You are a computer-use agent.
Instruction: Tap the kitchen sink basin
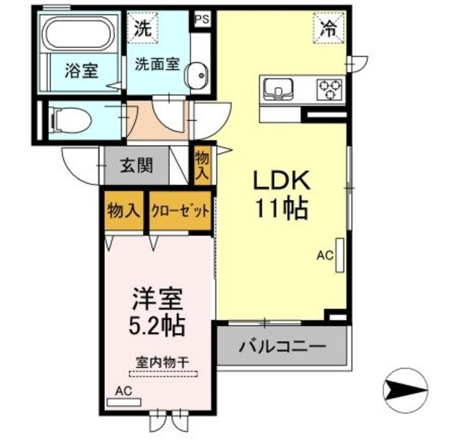point(277,89)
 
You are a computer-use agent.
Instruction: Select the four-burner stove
point(330,89)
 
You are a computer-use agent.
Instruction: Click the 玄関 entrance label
point(136,166)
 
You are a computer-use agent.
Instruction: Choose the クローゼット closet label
point(181,211)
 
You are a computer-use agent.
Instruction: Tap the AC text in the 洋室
point(123,392)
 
